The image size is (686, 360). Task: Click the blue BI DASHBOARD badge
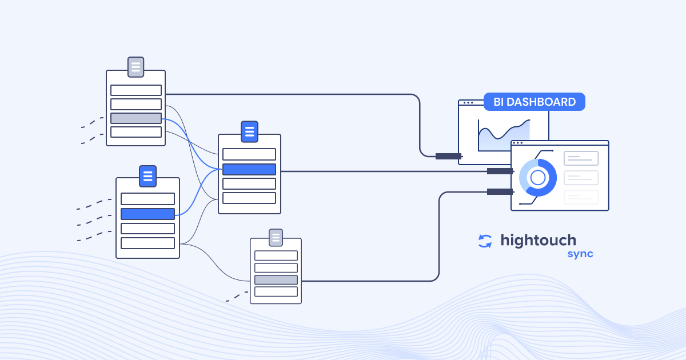(x=534, y=102)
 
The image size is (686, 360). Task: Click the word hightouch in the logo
(x=538, y=240)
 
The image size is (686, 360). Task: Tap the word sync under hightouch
(x=580, y=254)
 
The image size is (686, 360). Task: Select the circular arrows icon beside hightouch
(x=485, y=241)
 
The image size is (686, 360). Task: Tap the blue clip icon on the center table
(x=249, y=131)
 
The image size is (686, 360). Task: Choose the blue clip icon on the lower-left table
(x=147, y=176)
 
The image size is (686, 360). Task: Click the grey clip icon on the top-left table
(x=135, y=67)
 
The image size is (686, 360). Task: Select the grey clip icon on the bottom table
(x=276, y=237)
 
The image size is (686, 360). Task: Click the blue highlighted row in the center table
(x=249, y=169)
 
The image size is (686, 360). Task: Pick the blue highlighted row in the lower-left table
(x=147, y=214)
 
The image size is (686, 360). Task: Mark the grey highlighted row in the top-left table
(x=136, y=118)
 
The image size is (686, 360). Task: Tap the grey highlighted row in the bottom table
(x=276, y=280)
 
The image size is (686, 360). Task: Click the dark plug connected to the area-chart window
(x=448, y=156)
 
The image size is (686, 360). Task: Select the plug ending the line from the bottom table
(x=500, y=191)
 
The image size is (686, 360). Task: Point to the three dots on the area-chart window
(x=468, y=103)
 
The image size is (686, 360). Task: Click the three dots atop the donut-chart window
(x=518, y=143)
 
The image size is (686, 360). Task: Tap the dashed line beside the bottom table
(x=237, y=297)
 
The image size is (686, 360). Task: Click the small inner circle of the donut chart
(x=538, y=178)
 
